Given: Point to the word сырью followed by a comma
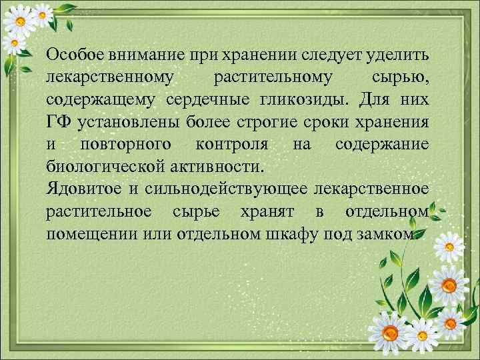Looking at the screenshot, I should click(399, 78).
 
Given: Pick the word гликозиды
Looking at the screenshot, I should click(305, 100).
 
